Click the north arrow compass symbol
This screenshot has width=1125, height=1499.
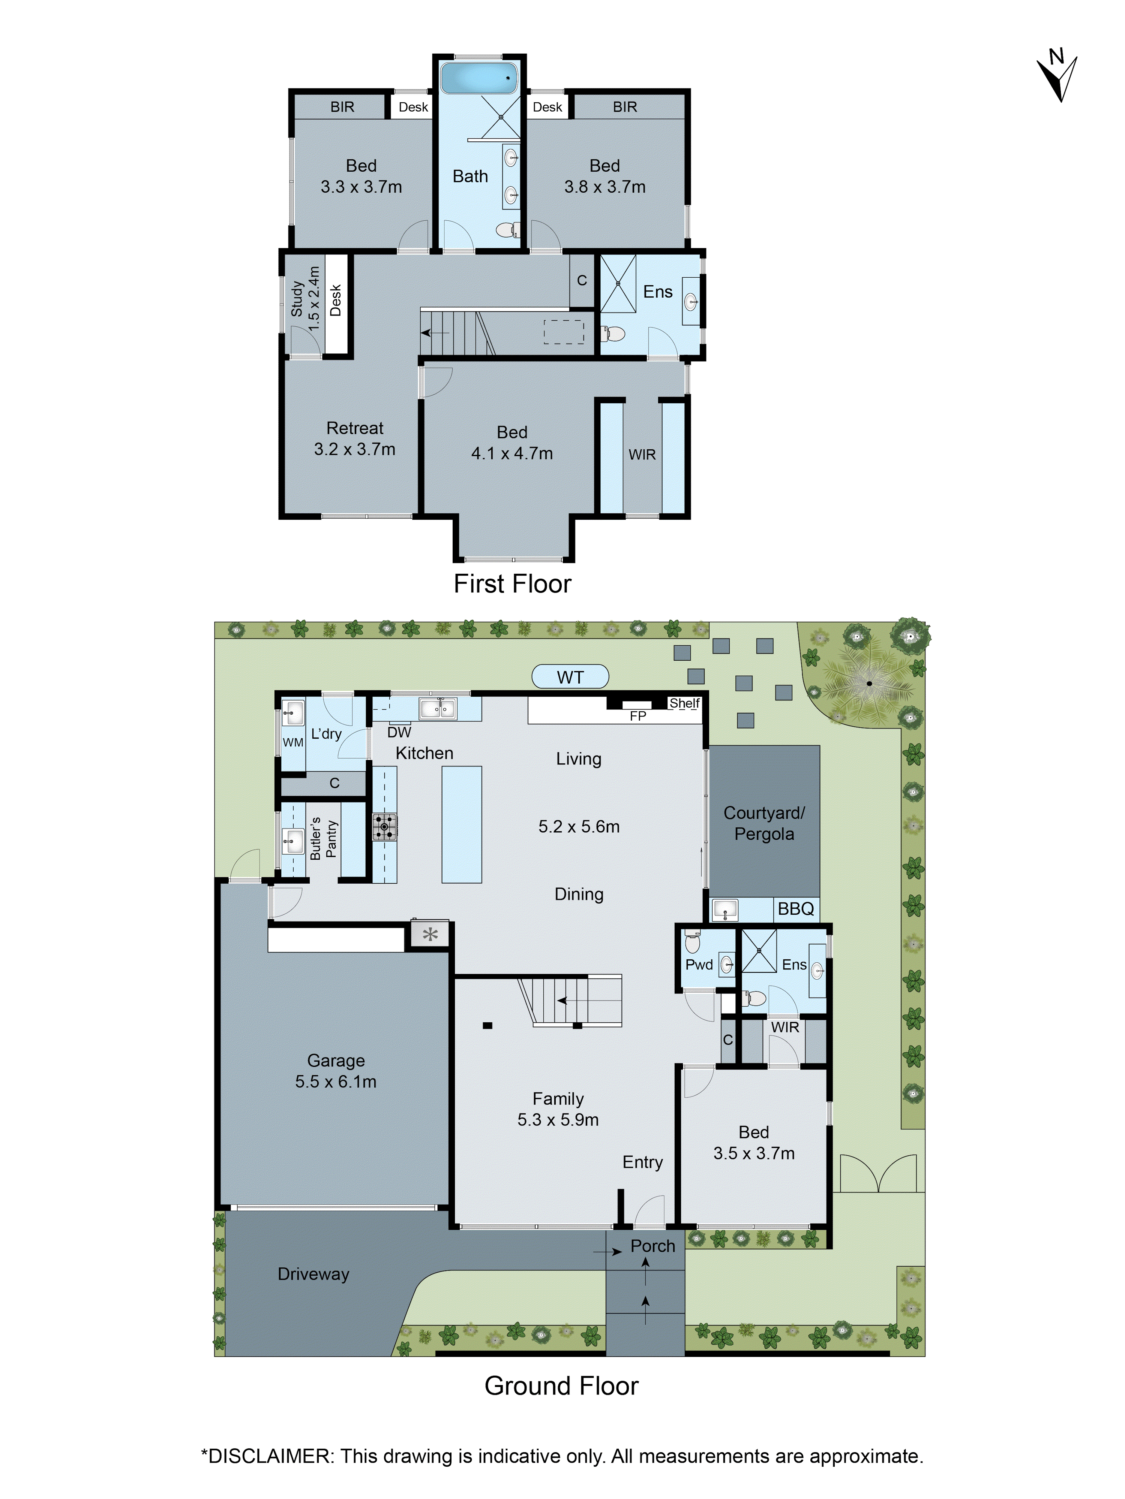pos(1056,76)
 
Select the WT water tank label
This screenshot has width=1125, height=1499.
pos(570,677)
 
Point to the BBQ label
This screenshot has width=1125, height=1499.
pos(795,909)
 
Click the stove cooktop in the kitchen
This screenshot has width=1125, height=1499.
pos(384,827)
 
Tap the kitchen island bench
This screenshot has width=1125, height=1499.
pos(461,824)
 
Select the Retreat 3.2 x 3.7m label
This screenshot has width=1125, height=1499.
pos(355,438)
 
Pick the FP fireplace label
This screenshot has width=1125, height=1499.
pos(637,716)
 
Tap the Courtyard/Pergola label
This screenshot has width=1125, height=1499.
pos(764,823)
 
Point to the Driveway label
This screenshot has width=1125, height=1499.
pos(313,1274)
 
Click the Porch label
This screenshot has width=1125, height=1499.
pos(652,1246)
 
